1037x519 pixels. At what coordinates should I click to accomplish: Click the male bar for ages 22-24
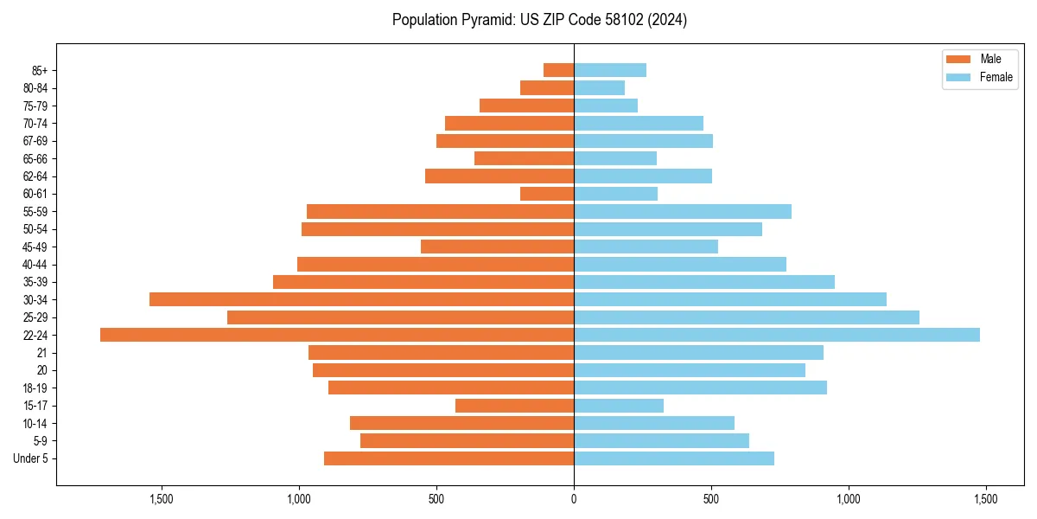pos(337,335)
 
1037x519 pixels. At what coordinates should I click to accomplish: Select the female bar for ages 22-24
pos(776,335)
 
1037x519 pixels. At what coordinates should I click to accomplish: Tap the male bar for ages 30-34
pos(361,299)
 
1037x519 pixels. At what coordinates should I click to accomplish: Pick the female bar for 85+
pos(610,70)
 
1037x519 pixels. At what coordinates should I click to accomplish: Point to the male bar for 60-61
pos(547,194)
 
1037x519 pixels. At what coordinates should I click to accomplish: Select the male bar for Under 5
pos(449,458)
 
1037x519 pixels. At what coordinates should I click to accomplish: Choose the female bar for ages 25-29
pos(746,317)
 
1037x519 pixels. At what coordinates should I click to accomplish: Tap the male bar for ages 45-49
pos(497,247)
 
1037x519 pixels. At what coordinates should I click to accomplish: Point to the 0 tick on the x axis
pos(574,499)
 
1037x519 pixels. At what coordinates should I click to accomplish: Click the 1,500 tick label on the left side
pos(162,499)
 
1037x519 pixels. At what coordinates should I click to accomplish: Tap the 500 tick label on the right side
pos(711,499)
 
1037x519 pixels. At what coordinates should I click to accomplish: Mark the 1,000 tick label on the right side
pos(849,499)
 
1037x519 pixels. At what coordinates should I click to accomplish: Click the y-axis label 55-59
pos(35,212)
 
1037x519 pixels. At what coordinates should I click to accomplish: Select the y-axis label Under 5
pos(30,458)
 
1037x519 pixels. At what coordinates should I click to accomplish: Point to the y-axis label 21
pos(42,353)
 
